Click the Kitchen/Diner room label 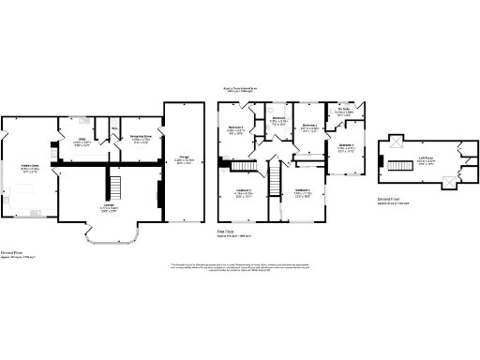coord(29,170)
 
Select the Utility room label coord(82,142)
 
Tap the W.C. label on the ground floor coord(113,128)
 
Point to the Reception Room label coord(141,138)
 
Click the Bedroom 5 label coord(235,129)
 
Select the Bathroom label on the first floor coord(278,119)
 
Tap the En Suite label coord(344,112)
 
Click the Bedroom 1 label coord(345,146)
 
